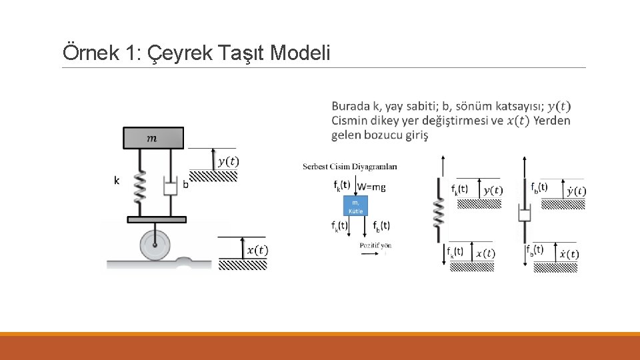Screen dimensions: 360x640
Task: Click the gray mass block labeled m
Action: pos(153,138)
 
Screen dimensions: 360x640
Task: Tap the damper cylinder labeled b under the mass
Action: pos(170,187)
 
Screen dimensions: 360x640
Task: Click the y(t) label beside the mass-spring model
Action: pos(229,161)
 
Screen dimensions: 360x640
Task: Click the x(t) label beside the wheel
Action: pos(257,250)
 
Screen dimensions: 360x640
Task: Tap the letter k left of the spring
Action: pos(117,180)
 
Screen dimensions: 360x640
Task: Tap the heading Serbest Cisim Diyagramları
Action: pos(349,167)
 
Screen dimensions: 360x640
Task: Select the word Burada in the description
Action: pos(351,106)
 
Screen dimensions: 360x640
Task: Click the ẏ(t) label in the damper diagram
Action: pos(576,191)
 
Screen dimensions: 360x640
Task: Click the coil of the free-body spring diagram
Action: pos(439,213)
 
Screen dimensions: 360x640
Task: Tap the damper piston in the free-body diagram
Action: pos(525,213)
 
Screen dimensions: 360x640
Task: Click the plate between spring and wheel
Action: pos(156,219)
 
